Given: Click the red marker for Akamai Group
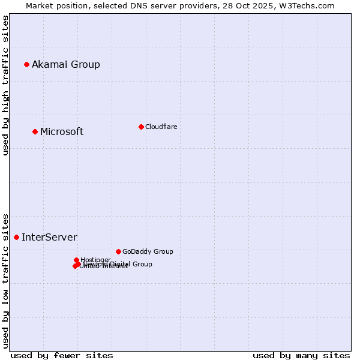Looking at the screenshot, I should (x=26, y=64).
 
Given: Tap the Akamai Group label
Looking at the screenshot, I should (x=66, y=64).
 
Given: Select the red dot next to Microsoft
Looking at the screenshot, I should (x=35, y=131).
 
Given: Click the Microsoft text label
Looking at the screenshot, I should (x=62, y=131).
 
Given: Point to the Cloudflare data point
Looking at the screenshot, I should (x=141, y=127).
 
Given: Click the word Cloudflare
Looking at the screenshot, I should (x=161, y=127).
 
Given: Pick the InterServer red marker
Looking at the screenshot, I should (x=16, y=237).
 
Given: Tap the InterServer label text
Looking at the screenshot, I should (x=49, y=237).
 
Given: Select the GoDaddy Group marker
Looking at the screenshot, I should (x=118, y=251).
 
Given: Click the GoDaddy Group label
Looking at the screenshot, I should (x=148, y=251).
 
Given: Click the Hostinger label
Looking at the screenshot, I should (x=95, y=260).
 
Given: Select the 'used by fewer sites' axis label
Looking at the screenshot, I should (x=62, y=355).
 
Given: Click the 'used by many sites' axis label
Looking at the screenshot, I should (x=301, y=355).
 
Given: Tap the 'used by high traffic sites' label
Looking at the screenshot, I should (x=5, y=86).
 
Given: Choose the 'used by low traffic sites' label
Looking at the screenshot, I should (x=5, y=280).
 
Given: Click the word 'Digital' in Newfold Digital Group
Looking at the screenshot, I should (x=121, y=264).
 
